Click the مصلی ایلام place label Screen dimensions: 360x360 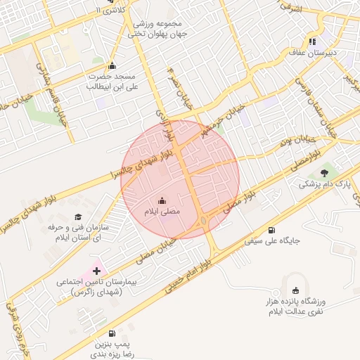pyautogui.click(x=162, y=212)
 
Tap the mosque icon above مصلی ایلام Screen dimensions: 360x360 pyautogui.click(x=162, y=200)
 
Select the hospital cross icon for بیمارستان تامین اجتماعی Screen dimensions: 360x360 pyautogui.click(x=96, y=270)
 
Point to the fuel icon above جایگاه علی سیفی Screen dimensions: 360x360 pyautogui.click(x=271, y=229)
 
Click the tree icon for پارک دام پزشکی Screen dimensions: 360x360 pyautogui.click(x=324, y=173)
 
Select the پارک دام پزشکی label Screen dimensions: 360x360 pyautogui.click(x=319, y=184)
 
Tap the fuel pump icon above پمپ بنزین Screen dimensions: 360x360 pyautogui.click(x=111, y=333)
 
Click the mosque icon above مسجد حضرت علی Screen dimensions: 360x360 pyautogui.click(x=111, y=66)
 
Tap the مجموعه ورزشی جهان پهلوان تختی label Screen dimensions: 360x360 pyautogui.click(x=159, y=28)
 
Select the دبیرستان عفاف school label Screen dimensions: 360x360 pyautogui.click(x=312, y=52)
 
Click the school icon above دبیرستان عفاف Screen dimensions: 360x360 pyautogui.click(x=312, y=41)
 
